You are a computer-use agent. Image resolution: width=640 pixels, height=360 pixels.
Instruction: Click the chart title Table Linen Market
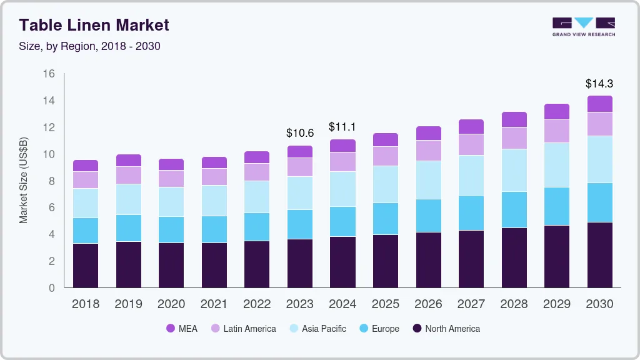[x=94, y=26]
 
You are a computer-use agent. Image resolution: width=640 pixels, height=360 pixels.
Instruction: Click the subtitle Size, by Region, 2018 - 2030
[x=90, y=46]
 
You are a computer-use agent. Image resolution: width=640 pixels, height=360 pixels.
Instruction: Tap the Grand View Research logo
[x=583, y=26]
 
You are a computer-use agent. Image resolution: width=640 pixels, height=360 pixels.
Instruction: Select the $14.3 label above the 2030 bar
[x=599, y=83]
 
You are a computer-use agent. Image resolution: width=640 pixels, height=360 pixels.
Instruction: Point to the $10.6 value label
[x=299, y=133]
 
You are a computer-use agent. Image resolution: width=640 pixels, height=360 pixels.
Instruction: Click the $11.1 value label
[x=342, y=127]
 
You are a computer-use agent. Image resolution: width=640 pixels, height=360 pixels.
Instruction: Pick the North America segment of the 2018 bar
[x=86, y=266]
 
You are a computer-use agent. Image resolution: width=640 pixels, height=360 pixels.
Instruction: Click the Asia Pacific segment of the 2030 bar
[x=599, y=159]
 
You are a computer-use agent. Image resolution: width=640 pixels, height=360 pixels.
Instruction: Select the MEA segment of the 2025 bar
[x=385, y=140]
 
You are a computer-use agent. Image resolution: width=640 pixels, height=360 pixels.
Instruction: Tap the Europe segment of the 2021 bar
[x=214, y=229]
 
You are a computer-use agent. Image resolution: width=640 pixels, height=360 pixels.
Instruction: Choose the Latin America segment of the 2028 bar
[x=514, y=138]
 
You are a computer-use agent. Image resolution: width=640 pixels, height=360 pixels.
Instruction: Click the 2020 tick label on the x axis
[x=171, y=304]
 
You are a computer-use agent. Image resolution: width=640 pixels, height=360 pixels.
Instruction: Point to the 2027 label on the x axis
[x=471, y=304]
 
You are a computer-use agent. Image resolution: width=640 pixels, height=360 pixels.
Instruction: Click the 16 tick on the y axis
[x=49, y=74]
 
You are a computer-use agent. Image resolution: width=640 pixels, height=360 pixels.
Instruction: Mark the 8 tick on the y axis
[x=52, y=181]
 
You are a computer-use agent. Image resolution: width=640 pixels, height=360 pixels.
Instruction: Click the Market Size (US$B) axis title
[x=23, y=181]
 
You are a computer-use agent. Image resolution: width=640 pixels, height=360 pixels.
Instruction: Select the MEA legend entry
[x=182, y=329]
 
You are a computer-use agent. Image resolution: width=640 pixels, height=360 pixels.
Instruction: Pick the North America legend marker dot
[x=417, y=329]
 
